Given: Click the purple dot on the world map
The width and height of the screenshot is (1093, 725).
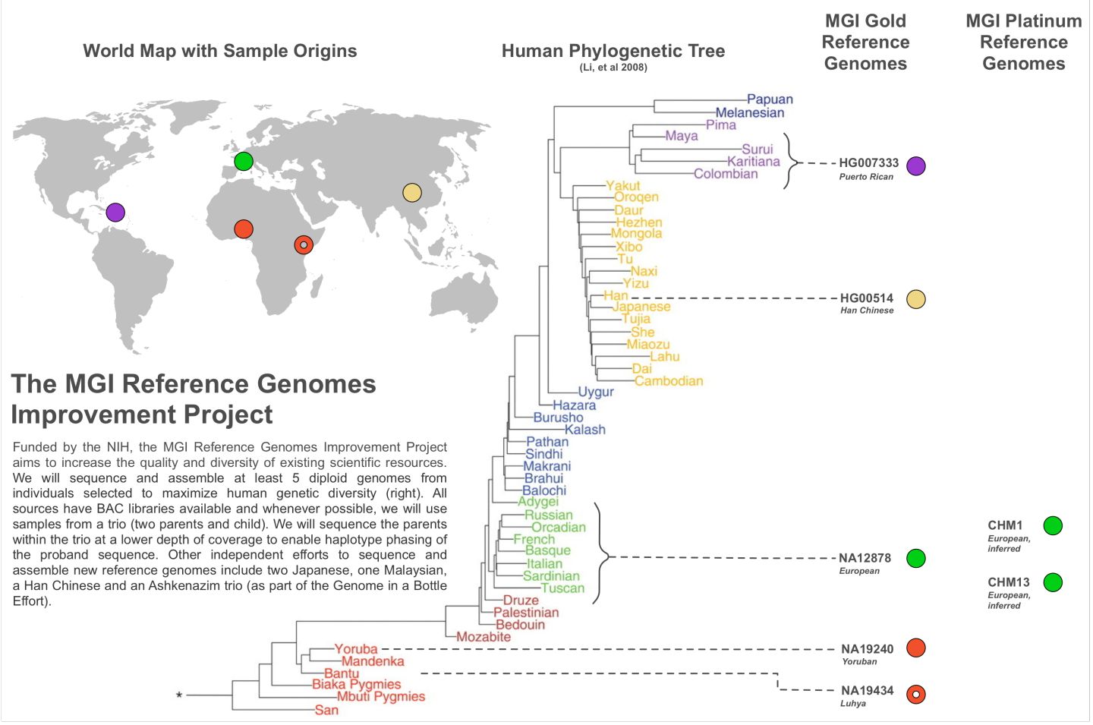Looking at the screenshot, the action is coord(115,213).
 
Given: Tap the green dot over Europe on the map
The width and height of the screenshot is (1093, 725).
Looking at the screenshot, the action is coord(244,161).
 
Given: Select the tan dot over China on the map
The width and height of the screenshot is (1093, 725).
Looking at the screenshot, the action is coord(412,193).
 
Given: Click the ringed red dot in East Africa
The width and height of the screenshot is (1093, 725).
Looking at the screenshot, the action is coord(304,245).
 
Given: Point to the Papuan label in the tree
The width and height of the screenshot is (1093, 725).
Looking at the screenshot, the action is coord(770,99).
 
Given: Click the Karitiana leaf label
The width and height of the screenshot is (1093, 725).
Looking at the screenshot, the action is coord(754,162).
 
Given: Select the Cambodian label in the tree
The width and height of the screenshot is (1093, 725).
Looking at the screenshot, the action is coord(669,381).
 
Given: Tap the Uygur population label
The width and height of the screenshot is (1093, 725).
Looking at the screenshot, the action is coord(596,392).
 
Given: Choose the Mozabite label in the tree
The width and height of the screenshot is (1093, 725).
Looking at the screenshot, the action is coord(484,637).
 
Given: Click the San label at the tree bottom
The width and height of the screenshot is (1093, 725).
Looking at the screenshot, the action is coord(326,710).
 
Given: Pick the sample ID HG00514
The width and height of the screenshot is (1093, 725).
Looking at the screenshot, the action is coord(866,298).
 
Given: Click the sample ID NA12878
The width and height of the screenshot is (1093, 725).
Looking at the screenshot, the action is coord(865,558).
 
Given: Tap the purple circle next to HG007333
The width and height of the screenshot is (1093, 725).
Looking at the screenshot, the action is coord(916,166).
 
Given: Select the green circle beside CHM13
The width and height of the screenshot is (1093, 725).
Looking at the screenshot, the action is coord(1053,582).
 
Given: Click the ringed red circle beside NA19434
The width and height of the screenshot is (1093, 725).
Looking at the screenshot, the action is coord(916,694).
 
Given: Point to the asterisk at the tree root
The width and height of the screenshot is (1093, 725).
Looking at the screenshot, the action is coord(179,695).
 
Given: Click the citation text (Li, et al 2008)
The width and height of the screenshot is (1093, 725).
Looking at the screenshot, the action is coord(613,68).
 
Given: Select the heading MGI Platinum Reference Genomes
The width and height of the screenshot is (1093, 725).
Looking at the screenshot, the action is coord(1024,42).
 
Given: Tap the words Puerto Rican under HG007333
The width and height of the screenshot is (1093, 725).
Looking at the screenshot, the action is coord(866,177).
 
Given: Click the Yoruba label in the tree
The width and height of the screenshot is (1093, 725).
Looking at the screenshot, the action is coord(356,649).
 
